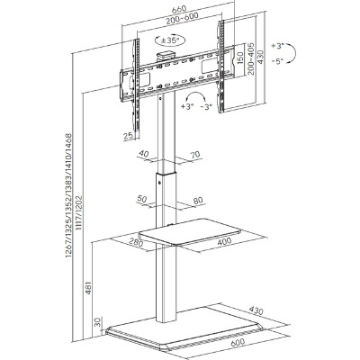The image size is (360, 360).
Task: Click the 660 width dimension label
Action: pos(179,9)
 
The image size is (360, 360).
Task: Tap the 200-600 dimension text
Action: pos(183,19)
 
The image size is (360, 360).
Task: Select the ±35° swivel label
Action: pos(170,40)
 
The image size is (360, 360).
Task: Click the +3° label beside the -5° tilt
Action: pos(277,46)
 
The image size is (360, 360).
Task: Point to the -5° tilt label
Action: pos(277,61)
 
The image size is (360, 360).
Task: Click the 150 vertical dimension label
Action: pos(239,58)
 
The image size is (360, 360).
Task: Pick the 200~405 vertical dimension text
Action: pos(250,58)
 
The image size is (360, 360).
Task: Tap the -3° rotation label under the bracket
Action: pos(206,106)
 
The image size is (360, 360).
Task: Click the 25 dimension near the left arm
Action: pos(129,136)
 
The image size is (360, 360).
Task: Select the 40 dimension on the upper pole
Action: pos(144,154)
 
